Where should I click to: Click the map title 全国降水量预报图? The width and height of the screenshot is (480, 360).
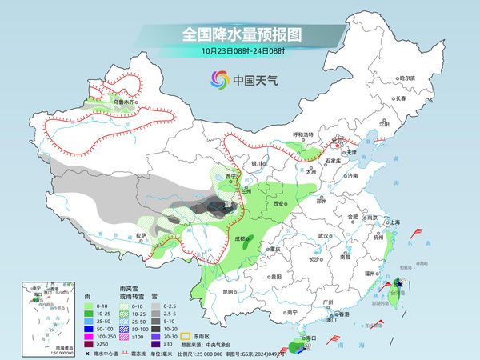pos(240,35)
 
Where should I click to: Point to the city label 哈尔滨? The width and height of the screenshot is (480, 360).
pos(407,78)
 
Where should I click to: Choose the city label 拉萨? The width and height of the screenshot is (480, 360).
pos(140,236)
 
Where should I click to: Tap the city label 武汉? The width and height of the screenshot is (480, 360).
pos(323,236)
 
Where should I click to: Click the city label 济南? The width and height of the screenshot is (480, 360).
pos(351,175)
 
